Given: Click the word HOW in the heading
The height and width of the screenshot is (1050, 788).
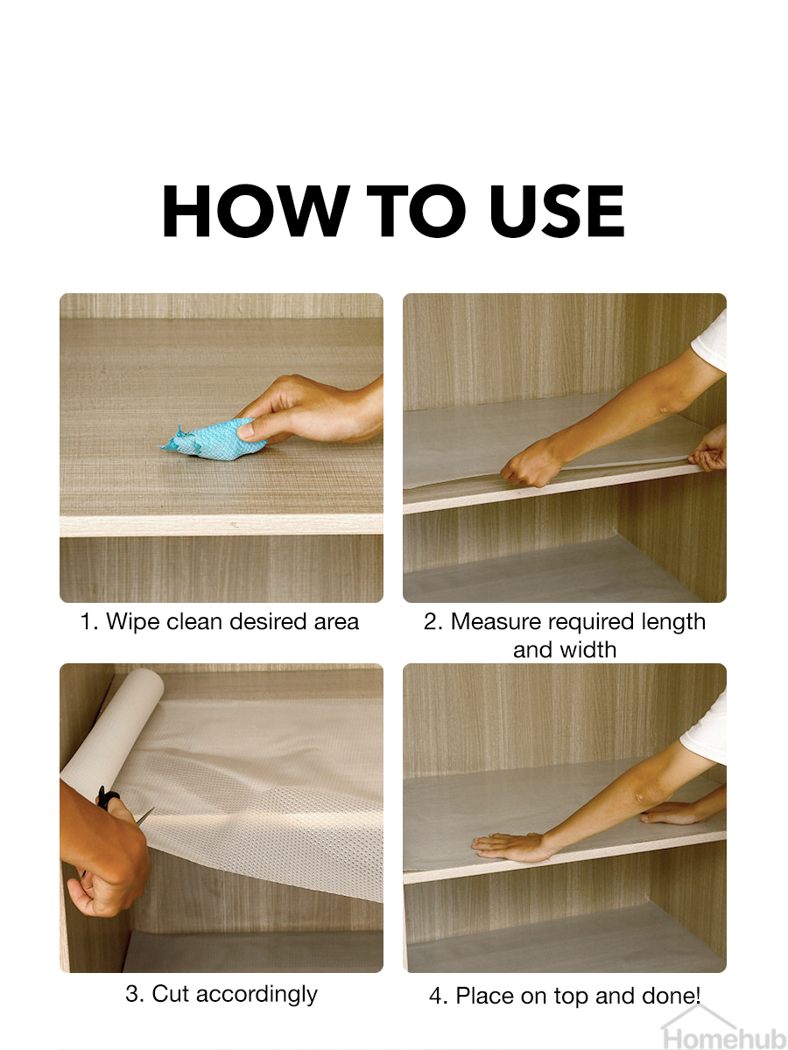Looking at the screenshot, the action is (256, 211).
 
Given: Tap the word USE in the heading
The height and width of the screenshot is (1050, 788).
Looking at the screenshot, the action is (557, 211).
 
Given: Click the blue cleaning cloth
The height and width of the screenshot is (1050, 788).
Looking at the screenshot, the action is (214, 438).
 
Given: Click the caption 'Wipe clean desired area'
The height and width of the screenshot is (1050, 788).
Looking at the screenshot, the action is (232, 622).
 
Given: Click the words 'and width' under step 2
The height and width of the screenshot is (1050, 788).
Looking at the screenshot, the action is (565, 649).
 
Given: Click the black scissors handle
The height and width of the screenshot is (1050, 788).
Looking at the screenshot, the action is (107, 797).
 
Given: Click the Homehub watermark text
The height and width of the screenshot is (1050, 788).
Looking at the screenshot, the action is (724, 1039).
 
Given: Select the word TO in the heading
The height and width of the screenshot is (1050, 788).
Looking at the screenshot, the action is (416, 211).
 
